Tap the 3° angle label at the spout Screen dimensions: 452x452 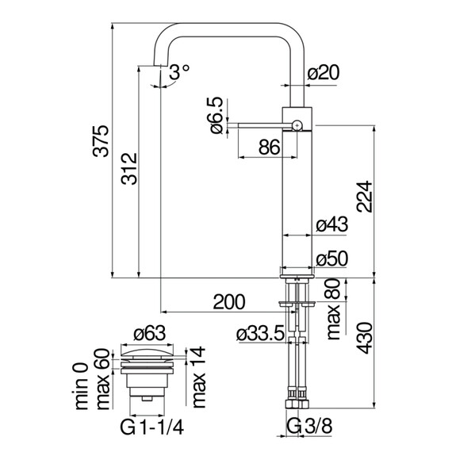pos(179,71)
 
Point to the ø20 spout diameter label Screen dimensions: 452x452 pos(323,73)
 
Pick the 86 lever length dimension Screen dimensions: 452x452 pos(270,146)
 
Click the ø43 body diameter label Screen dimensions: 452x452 pos(331,224)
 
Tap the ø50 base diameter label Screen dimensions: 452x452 pos(331,259)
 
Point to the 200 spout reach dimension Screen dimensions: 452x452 pos(228,301)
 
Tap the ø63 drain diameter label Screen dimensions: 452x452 pos(149,334)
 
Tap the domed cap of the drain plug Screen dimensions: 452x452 pos(148,350)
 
